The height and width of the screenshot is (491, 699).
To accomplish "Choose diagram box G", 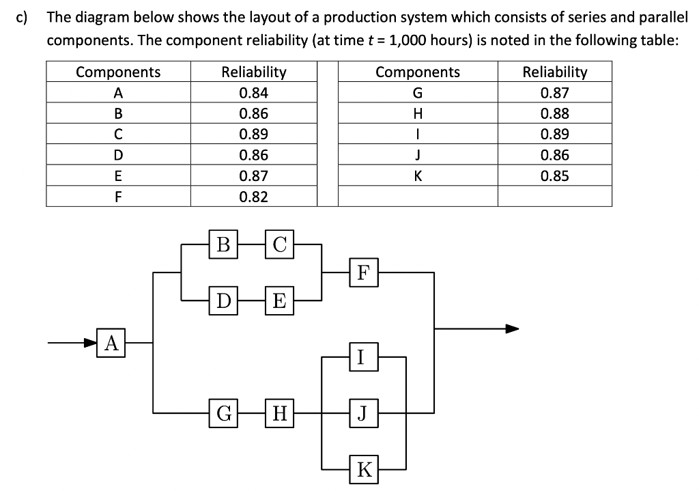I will point(223,412).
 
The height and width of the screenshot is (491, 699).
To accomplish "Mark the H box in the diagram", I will point(280,412).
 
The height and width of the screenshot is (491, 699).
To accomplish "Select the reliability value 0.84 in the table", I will point(254,93).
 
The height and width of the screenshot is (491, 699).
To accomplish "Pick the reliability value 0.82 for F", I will point(254,197).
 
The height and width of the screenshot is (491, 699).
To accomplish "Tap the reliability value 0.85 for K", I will point(554,176).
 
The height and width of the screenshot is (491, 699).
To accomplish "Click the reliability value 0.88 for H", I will point(554,113).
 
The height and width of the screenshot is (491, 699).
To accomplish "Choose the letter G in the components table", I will point(418,93).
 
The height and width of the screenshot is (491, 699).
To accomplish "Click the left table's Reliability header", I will point(254,72).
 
